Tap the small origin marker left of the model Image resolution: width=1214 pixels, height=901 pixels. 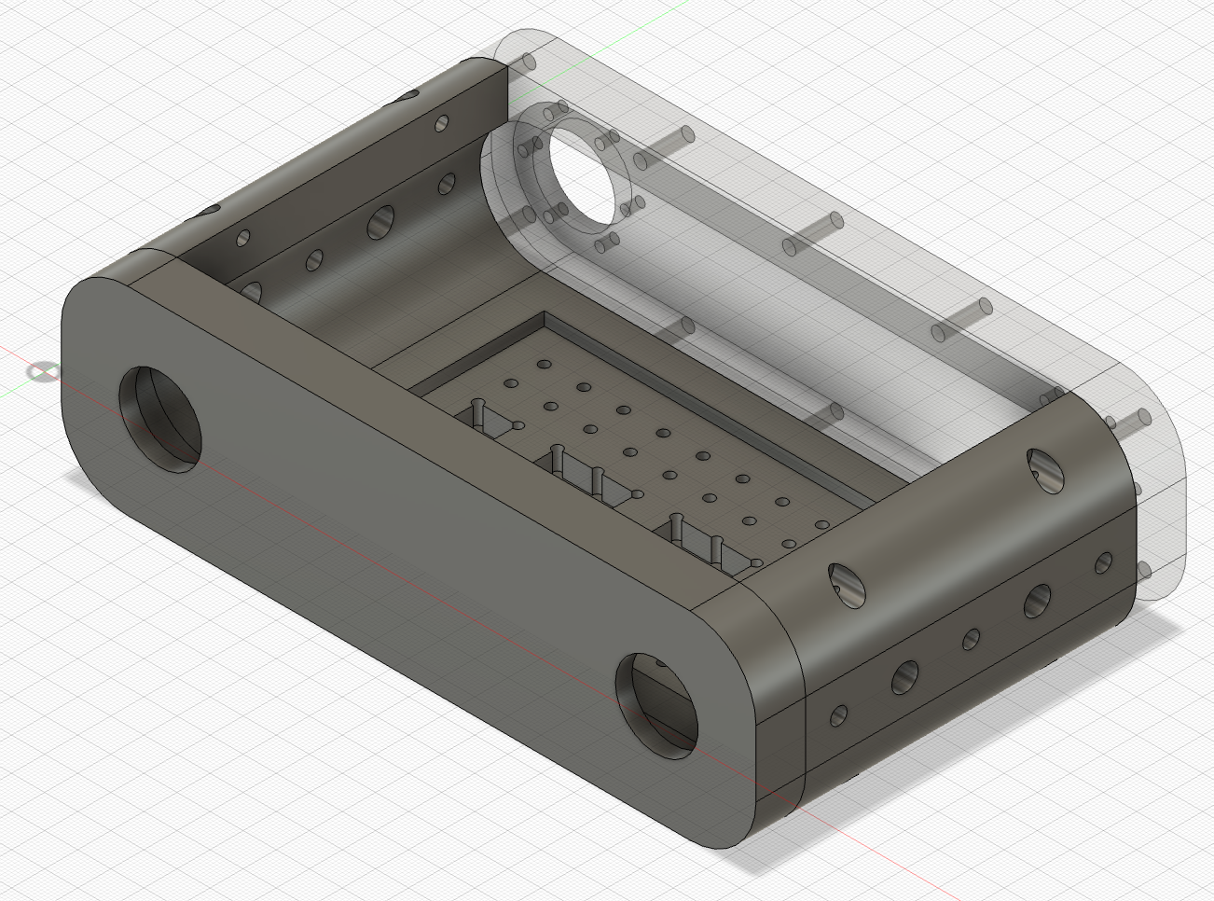click(x=40, y=372)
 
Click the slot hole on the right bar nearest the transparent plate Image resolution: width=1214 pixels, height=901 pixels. click(x=1044, y=470)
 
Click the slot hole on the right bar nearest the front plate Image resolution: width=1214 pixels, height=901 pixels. click(x=847, y=583)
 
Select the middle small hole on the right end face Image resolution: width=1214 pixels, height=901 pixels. click(x=971, y=639)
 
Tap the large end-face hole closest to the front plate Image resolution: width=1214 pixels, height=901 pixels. click(x=904, y=676)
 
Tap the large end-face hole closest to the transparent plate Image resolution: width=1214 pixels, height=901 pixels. click(x=1037, y=601)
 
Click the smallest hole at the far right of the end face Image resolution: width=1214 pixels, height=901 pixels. click(x=1103, y=562)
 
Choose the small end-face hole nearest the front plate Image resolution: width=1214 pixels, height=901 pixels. click(x=838, y=715)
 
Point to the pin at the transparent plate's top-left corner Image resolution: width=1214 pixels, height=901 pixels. click(x=528, y=62)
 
